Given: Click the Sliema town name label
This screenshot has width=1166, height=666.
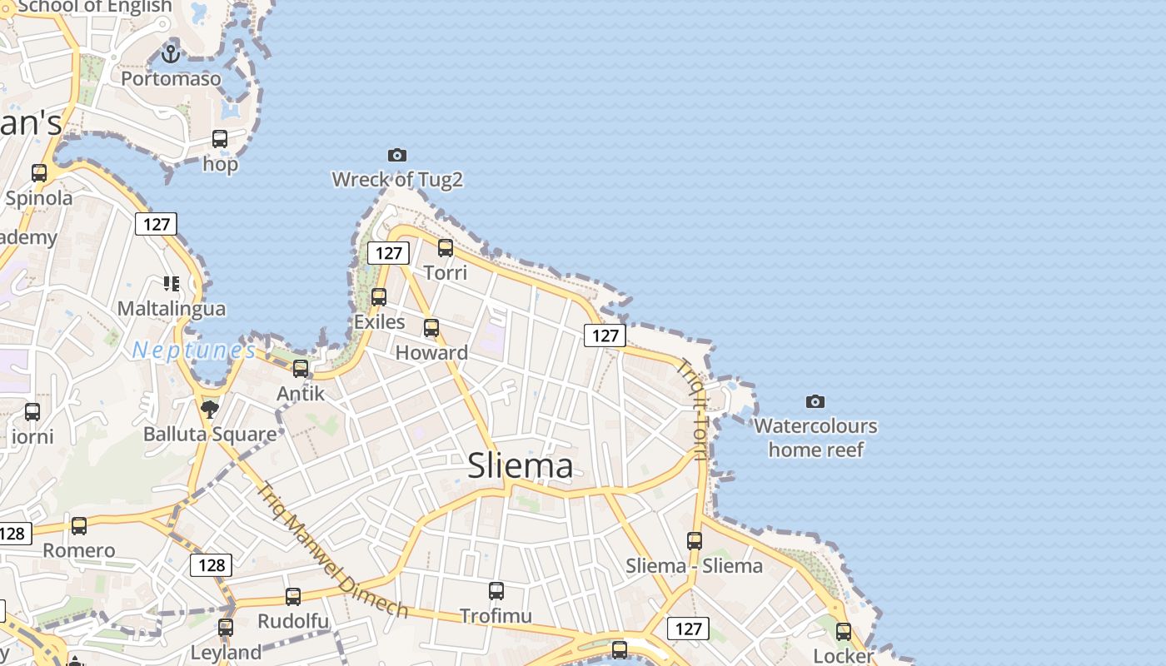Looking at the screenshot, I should coord(521,466).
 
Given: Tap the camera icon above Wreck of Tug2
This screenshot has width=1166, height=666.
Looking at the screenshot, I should coord(397,155).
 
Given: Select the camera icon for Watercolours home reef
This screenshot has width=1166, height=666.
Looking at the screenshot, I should coord(815,402).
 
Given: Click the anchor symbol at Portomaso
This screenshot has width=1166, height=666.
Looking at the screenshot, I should coord(171,55).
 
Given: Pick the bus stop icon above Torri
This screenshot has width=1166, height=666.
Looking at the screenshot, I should coord(446,247).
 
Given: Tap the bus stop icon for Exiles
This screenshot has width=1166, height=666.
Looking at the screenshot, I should coord(379,296).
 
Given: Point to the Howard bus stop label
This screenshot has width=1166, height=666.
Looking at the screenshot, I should coord(431,352).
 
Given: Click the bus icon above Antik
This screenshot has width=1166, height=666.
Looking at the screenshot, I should coord(301,368).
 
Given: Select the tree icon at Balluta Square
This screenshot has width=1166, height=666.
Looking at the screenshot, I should coord(209,408).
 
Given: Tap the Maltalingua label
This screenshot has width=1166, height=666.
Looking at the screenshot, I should coord(172,309).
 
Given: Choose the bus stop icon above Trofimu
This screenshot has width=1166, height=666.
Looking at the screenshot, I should coord(496,591).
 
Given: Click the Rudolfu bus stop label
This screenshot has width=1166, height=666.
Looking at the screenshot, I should coord(293,621).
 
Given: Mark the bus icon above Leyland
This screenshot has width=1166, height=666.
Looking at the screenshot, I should coord(226,627).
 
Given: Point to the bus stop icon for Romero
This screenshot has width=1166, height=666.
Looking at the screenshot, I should coord(79,525).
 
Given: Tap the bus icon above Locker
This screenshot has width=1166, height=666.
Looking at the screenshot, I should coord(844,631).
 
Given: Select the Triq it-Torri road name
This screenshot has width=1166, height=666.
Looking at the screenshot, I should coord(692,409).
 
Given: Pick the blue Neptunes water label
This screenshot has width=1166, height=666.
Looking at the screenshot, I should coord(194,350).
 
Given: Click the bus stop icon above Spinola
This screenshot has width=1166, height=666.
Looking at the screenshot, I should coord(39,173).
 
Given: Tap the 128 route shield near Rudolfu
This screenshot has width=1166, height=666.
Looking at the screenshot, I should coord(212,565).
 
